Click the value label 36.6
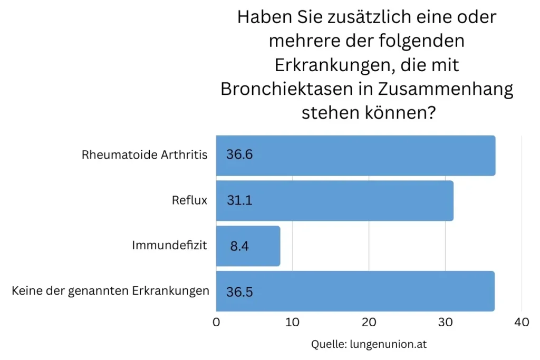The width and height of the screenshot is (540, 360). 239,155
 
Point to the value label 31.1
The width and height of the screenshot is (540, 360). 239,201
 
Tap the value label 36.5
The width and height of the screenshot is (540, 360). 239,291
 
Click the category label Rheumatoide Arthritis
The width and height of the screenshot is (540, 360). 144,155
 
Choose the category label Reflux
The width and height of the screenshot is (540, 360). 189,200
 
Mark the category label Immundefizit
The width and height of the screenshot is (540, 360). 170,246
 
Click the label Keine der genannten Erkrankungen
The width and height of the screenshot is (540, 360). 110,291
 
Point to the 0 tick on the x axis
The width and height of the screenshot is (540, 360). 216,322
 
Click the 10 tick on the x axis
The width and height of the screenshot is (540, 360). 292,322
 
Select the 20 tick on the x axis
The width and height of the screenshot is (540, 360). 369,322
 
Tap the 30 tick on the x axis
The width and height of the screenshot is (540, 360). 445,322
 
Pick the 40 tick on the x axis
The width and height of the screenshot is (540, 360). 521,322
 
